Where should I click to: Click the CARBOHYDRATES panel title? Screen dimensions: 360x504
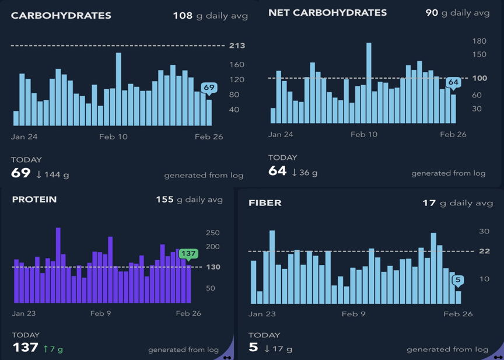point(61,16)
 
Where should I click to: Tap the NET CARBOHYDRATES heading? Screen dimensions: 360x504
point(327,12)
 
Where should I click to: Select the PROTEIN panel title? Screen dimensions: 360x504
point(34,200)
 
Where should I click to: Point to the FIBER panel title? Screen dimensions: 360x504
point(265,203)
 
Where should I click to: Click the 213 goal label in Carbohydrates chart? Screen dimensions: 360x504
point(237,46)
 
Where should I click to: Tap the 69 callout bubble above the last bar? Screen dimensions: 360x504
point(209,88)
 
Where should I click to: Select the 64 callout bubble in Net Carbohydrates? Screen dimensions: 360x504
point(453,82)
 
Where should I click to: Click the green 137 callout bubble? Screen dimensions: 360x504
point(188,254)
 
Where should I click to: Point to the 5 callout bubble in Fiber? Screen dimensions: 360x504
point(458,281)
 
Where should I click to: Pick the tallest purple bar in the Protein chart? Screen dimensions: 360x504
point(58,265)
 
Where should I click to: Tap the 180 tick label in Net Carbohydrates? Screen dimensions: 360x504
point(479,41)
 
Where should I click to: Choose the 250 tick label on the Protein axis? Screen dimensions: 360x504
point(213,233)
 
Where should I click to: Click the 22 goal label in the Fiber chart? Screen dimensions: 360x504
point(484,251)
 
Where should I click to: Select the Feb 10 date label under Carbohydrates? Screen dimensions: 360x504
point(113,137)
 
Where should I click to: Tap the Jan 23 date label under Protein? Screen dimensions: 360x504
point(24,313)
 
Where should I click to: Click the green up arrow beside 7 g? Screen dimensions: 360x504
point(46,348)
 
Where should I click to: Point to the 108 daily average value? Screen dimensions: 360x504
point(183,16)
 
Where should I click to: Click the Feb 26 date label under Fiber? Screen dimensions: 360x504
point(458,314)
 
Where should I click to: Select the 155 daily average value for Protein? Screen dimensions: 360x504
point(164,200)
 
